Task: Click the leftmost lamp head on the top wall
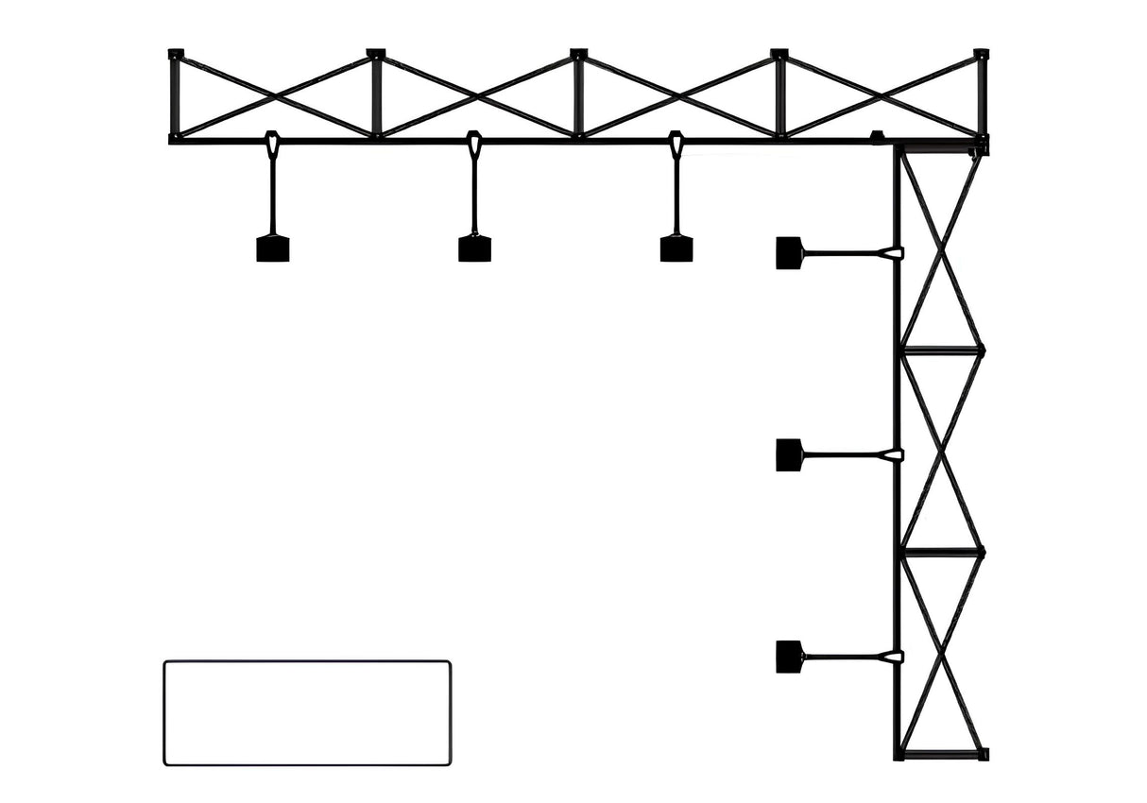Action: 272,248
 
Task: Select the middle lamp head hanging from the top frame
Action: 474,248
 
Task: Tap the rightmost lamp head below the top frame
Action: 676,248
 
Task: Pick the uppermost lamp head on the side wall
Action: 789,253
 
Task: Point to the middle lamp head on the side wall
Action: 789,455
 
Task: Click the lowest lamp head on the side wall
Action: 789,657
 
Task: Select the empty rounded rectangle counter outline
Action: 307,713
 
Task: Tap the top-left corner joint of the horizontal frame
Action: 176,55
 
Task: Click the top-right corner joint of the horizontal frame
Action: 981,55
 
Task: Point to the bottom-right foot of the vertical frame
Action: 983,754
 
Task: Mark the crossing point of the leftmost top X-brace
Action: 276,95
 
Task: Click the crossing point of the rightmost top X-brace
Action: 881,95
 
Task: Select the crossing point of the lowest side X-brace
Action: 942,654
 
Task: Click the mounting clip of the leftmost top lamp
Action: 272,145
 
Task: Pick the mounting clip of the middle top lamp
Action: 474,145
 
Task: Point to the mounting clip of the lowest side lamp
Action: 890,657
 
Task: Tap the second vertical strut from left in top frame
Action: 376,95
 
